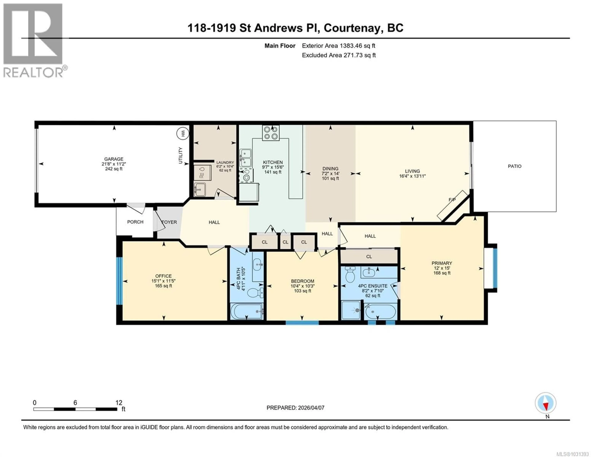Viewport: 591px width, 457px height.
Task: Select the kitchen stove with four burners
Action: (271, 133)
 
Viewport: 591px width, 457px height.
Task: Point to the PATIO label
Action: (514, 166)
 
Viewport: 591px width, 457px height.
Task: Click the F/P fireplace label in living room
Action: (452, 200)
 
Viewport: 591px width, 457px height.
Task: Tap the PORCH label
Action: (135, 222)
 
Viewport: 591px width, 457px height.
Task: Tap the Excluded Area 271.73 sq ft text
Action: (339, 55)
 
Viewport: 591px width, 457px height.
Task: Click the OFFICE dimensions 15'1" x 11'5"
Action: (163, 281)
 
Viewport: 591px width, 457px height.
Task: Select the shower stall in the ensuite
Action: (351, 310)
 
